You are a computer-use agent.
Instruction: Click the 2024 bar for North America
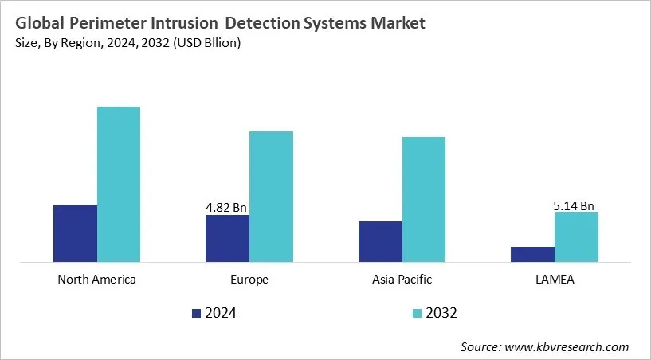(75, 233)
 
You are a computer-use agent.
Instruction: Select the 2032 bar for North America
(119, 184)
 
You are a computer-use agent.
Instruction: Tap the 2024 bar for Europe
(227, 237)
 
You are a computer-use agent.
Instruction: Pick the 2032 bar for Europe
(271, 196)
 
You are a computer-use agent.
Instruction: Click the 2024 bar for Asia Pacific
(380, 241)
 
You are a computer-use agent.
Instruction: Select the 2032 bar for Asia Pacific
(424, 199)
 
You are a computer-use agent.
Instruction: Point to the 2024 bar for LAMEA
(532, 253)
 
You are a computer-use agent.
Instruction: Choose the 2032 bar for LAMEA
(576, 237)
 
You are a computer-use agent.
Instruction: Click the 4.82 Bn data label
(226, 208)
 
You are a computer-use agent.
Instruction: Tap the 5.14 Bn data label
(575, 205)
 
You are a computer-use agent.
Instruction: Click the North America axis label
(97, 280)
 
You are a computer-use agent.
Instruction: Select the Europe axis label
(249, 280)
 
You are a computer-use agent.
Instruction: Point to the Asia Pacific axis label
(402, 280)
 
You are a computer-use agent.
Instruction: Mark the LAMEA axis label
(555, 280)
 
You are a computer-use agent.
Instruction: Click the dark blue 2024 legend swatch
(197, 313)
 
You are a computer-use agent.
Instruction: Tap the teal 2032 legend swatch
(418, 313)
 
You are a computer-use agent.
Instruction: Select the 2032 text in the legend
(443, 313)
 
